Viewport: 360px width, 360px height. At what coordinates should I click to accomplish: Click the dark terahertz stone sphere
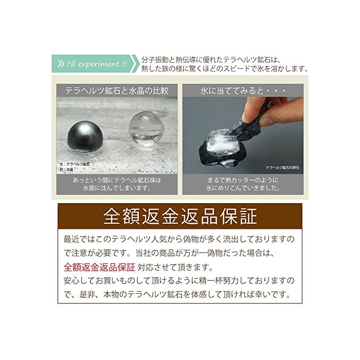pyautogui.click(x=85, y=137)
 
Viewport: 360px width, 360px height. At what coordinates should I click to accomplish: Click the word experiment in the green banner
pyautogui.click(x=99, y=64)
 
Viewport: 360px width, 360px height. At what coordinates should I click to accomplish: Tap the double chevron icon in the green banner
pyautogui.click(x=61, y=64)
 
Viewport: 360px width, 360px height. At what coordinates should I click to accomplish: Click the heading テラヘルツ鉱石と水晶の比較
pyautogui.click(x=117, y=91)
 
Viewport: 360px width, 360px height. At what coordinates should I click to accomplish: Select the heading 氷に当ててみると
pyautogui.click(x=232, y=91)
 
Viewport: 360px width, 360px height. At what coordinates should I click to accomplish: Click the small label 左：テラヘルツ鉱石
pyautogui.click(x=75, y=164)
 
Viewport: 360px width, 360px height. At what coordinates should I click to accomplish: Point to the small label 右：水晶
pyautogui.click(x=66, y=169)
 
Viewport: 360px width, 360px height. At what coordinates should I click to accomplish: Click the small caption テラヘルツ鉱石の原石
pyautogui.click(x=282, y=168)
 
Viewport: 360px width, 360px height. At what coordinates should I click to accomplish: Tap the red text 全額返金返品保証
pyautogui.click(x=99, y=267)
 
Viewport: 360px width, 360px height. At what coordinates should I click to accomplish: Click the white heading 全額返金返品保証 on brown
pyautogui.click(x=180, y=217)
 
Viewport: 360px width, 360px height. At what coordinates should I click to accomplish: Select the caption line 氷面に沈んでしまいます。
pyautogui.click(x=117, y=188)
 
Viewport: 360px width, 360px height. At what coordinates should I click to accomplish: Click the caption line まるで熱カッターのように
pyautogui.click(x=243, y=180)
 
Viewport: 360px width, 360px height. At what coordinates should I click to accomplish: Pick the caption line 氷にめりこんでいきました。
pyautogui.click(x=243, y=188)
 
